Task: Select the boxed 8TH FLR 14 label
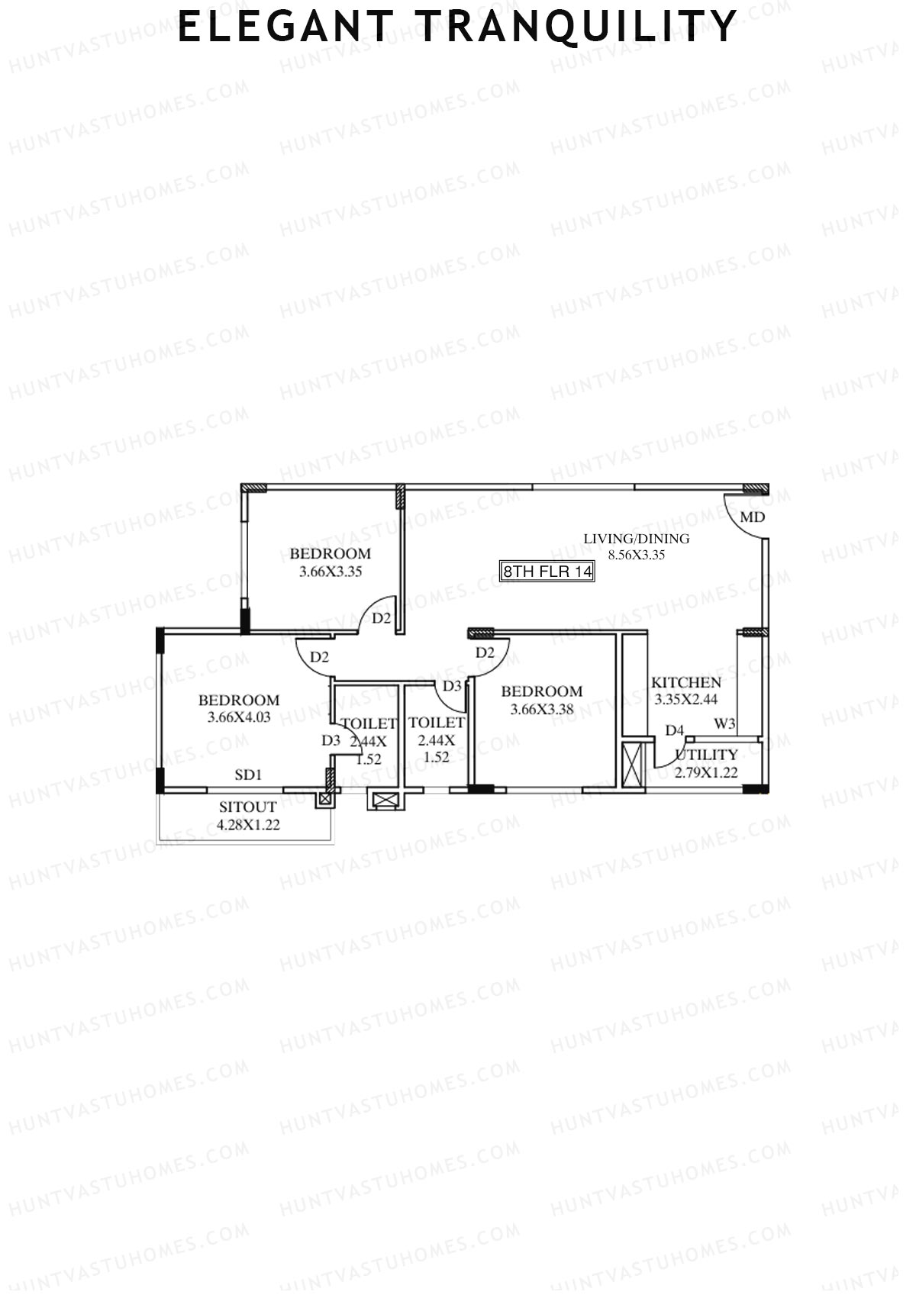pyautogui.click(x=547, y=572)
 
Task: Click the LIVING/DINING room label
pyautogui.click(x=636, y=539)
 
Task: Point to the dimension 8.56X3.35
pyautogui.click(x=636, y=555)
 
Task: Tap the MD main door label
pyautogui.click(x=752, y=517)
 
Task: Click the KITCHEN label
pyautogui.click(x=685, y=682)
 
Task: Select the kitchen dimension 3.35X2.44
pyautogui.click(x=685, y=698)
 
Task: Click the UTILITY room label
pyautogui.click(x=706, y=755)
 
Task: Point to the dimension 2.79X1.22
pyautogui.click(x=706, y=772)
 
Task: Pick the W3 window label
pyautogui.click(x=724, y=723)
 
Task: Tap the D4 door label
pyautogui.click(x=674, y=730)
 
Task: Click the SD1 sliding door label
pyautogui.click(x=248, y=775)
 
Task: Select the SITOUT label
pyautogui.click(x=248, y=807)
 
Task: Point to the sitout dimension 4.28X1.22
pyautogui.click(x=248, y=824)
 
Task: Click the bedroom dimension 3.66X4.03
pyautogui.click(x=239, y=717)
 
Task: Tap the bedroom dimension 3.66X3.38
pyautogui.click(x=542, y=709)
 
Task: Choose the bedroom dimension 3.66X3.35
pyautogui.click(x=331, y=572)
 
